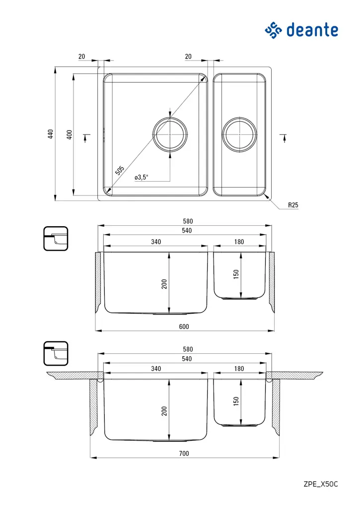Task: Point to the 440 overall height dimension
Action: [50, 134]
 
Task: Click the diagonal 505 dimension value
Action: [120, 171]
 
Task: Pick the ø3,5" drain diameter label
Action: [141, 177]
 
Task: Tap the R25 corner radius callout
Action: [293, 205]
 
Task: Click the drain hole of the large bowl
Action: [170, 134]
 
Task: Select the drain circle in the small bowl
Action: [240, 134]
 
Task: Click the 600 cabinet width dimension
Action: [184, 327]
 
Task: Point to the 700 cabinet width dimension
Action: [184, 453]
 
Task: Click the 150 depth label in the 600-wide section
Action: [236, 274]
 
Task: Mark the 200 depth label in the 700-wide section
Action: [164, 410]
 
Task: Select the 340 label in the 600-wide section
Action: [155, 242]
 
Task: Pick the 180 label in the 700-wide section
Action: [239, 369]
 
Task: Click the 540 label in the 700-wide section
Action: [187, 359]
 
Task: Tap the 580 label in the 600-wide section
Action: [187, 221]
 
